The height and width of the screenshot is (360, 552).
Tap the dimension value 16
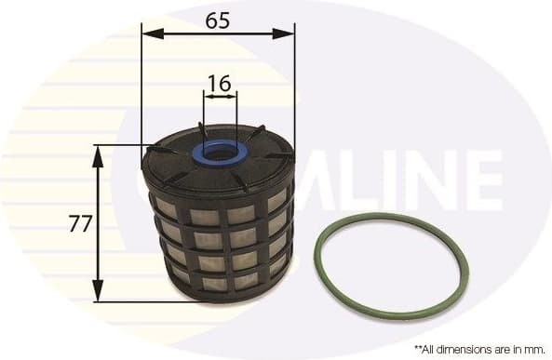[x=220, y=84]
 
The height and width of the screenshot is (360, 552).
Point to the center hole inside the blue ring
[x=220, y=151]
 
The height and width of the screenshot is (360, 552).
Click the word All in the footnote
[x=424, y=349]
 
